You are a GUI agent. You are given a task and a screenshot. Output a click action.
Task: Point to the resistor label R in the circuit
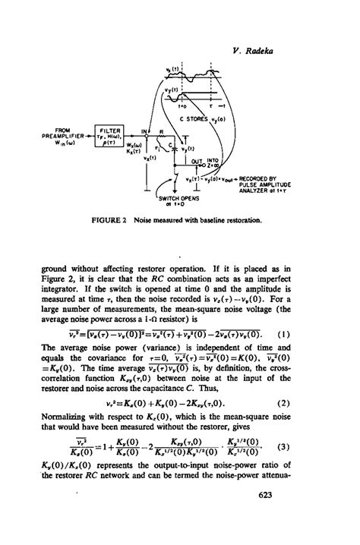[x=160, y=131]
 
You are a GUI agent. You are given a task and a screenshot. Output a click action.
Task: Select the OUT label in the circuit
[x=196, y=161]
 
